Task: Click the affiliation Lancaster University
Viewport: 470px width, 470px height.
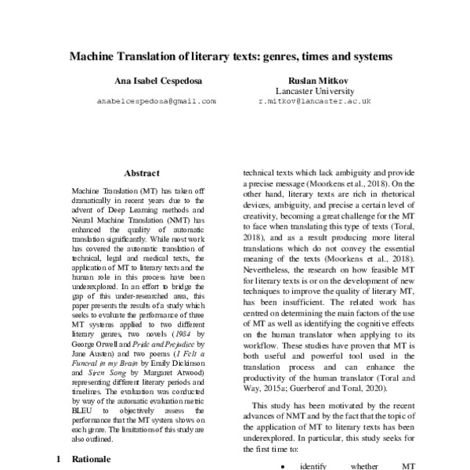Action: [x=314, y=91]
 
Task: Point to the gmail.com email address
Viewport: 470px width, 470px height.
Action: [x=156, y=102]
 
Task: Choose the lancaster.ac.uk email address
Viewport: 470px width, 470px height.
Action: [x=314, y=102]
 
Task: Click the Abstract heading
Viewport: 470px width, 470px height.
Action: [x=142, y=173]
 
